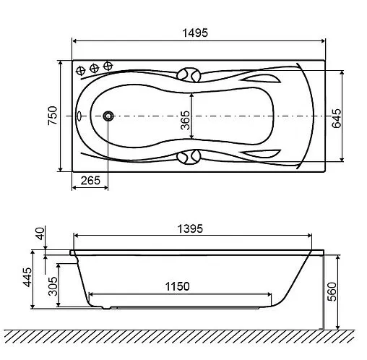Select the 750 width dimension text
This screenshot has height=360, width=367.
pyautogui.click(x=51, y=116)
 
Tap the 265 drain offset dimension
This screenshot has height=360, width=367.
pyautogui.click(x=90, y=179)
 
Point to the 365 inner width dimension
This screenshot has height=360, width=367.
pyautogui.click(x=185, y=116)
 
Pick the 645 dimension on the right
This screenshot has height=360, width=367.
pyautogui.click(x=335, y=116)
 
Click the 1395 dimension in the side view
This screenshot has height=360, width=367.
pyautogui.click(x=191, y=228)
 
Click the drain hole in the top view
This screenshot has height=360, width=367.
pyautogui.click(x=108, y=116)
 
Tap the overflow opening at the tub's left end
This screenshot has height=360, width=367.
pyautogui.click(x=79, y=116)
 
